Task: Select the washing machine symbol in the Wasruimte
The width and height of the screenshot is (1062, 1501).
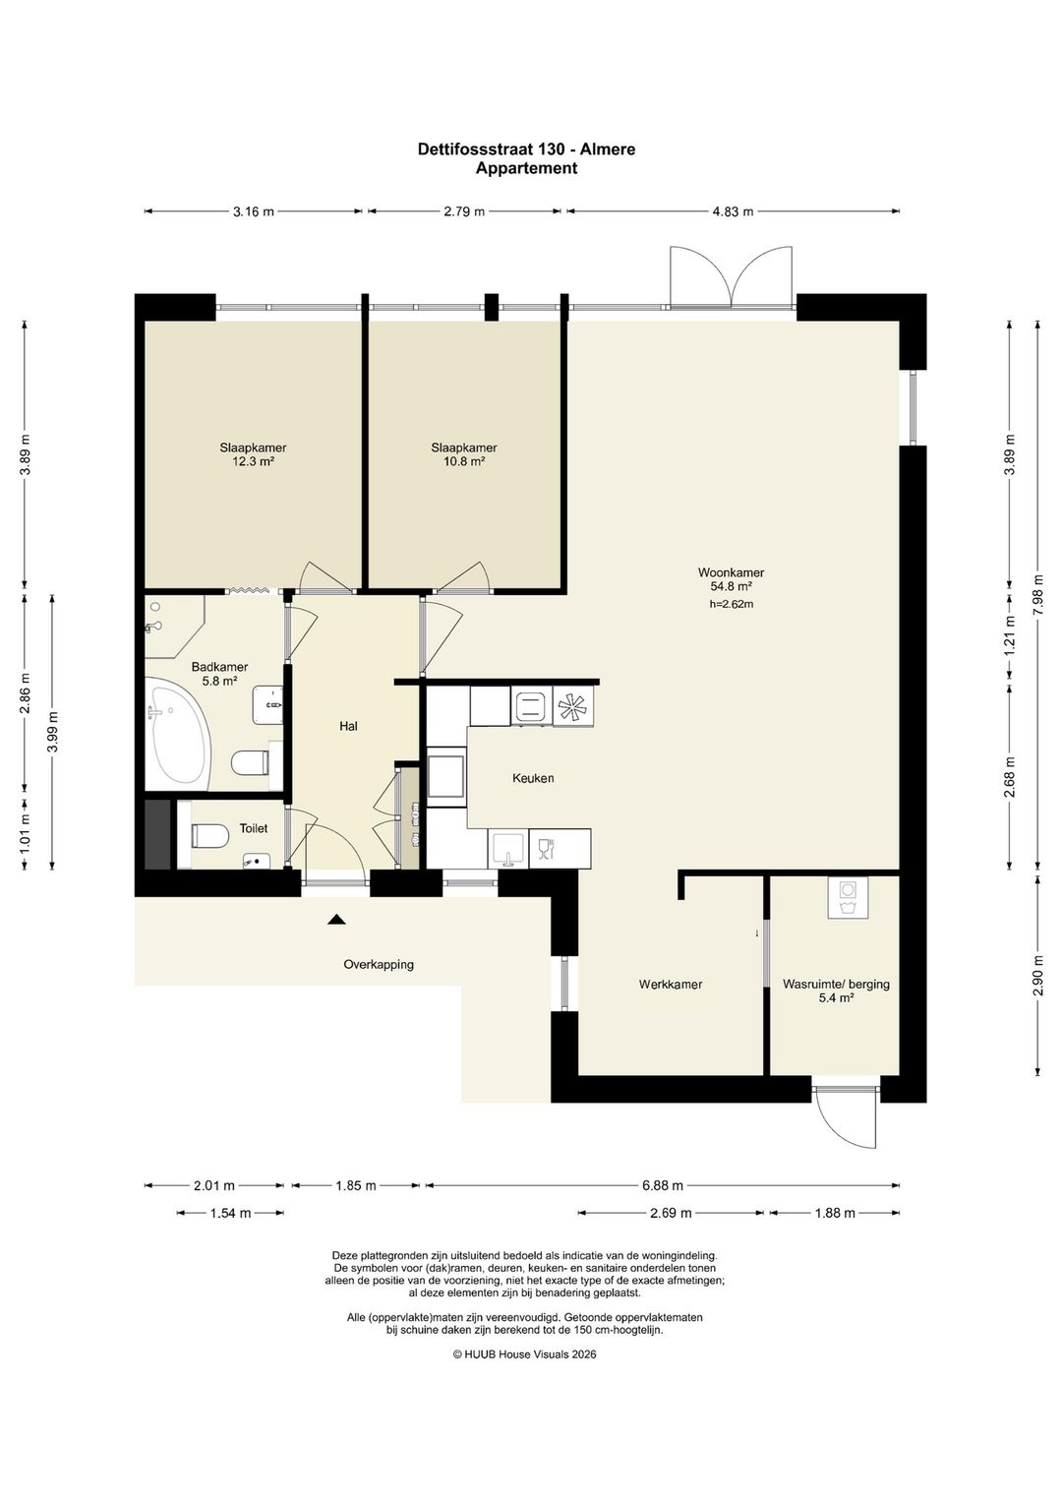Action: coord(848,897)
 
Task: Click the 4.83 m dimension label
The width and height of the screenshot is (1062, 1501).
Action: coord(733,211)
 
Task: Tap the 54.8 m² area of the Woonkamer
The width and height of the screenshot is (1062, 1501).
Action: coord(731,586)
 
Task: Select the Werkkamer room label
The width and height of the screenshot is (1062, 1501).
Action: coord(670,985)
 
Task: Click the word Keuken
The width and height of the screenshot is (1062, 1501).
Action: coord(533,778)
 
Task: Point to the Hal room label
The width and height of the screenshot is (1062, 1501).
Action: coord(348,726)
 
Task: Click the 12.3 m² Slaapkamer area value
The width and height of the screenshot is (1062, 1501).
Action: coord(253,461)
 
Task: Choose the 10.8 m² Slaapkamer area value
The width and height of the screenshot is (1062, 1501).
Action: coord(464,461)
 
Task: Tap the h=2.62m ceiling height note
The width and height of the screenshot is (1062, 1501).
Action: coord(732,604)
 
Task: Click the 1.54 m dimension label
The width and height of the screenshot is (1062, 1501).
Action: coord(231,1213)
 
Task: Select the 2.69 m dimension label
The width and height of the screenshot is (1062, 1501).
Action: coord(671,1213)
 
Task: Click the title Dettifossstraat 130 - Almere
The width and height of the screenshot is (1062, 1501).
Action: coord(527,149)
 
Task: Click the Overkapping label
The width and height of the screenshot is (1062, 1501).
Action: coord(379,965)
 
